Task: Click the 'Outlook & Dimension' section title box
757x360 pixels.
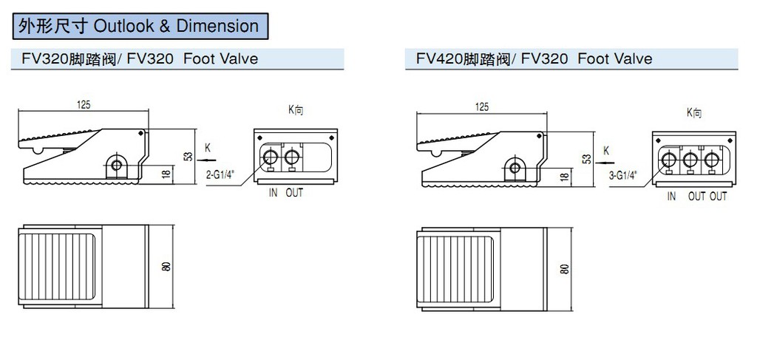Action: pos(140,27)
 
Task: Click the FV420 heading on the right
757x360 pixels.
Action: pos(529,58)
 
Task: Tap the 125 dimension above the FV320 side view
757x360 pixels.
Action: pos(84,106)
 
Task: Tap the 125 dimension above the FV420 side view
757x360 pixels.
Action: pos(482,108)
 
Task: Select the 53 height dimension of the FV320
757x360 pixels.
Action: pos(189,156)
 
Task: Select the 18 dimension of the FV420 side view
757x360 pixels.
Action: pos(565,177)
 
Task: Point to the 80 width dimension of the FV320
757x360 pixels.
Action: pos(167,266)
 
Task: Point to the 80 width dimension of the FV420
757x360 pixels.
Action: pos(566,268)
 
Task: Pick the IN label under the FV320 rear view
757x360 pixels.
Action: pos(273,194)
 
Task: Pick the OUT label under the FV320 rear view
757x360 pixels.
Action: pos(293,194)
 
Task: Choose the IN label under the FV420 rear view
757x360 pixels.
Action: pos(671,197)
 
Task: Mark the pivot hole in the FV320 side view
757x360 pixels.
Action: pos(115,164)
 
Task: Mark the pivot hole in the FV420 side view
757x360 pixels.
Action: pos(514,167)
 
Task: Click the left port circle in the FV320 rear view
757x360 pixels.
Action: pos(272,157)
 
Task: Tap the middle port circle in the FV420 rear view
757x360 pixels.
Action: pos(690,160)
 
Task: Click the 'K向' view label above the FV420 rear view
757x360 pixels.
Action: pos(693,113)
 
